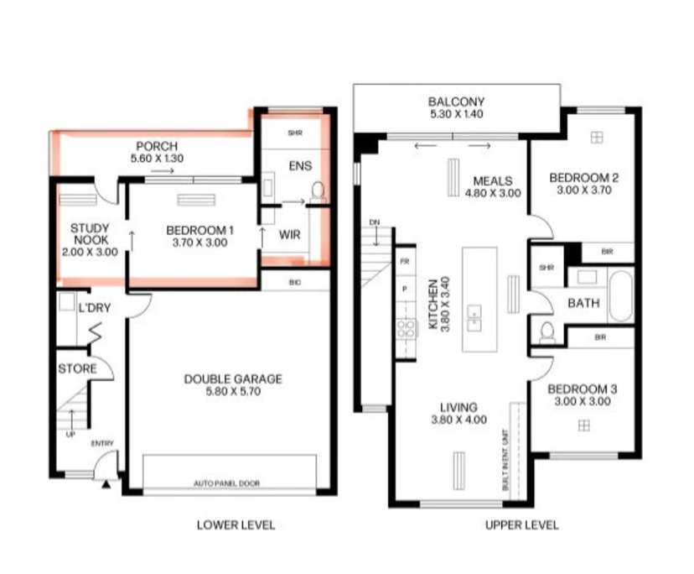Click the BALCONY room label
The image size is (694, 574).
coord(457,102)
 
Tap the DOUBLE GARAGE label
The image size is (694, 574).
coord(233,379)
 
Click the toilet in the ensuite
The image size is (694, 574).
coord(318,192)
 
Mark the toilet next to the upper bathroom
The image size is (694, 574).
coord(547,332)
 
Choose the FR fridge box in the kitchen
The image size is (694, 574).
coord(406,261)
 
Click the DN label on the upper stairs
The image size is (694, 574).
coord(375,222)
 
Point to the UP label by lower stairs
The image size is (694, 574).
coord(69,435)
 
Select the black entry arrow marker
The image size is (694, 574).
coord(106,484)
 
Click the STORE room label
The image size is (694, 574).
coord(77,368)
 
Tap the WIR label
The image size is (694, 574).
coord(289,235)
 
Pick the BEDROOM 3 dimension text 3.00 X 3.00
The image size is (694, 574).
coord(583,402)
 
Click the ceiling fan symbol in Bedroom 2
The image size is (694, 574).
coord(597,137)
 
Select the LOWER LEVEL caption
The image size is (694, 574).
coord(236,525)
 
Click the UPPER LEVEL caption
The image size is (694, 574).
coord(521,525)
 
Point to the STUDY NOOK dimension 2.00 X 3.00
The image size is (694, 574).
coord(91,251)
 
